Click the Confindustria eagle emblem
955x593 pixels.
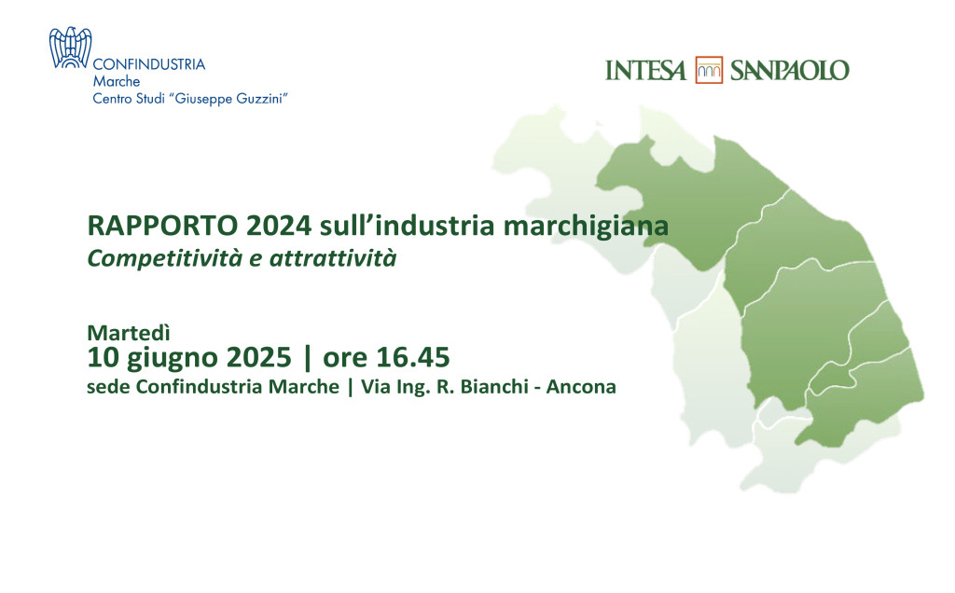point(70,48)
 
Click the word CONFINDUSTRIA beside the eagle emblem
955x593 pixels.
point(148,64)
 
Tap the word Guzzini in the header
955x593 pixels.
point(262,99)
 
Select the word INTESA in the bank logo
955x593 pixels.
point(645,71)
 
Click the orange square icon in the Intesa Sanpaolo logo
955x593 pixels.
point(709,70)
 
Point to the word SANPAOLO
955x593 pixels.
point(789,71)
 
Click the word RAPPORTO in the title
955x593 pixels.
point(162,226)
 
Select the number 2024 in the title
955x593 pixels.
point(279,226)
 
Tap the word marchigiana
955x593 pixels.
point(586,227)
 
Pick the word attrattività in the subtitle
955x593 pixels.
point(333,259)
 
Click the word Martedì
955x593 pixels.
point(129,333)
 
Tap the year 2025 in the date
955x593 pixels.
point(259,357)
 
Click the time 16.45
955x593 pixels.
point(413,357)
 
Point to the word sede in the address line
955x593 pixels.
point(108,387)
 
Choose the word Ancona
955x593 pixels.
point(581,387)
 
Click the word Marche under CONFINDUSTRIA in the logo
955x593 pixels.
point(117,81)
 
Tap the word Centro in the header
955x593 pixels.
point(112,99)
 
